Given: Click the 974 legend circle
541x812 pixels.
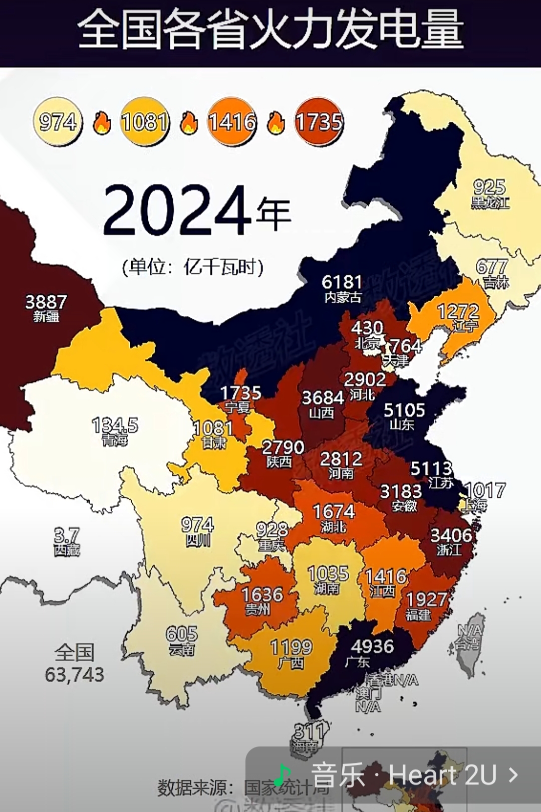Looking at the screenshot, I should click(x=58, y=122).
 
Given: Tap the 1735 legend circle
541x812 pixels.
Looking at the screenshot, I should click(x=319, y=122).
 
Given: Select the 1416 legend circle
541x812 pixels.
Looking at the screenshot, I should click(x=232, y=122).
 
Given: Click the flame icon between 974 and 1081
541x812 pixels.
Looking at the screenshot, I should click(x=102, y=123).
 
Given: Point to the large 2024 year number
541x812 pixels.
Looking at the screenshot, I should click(x=175, y=211).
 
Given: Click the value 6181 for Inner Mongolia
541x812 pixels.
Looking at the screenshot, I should click(x=342, y=282).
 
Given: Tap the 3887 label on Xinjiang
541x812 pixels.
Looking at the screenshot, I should click(x=46, y=302).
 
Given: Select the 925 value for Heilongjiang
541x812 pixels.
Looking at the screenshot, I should click(x=489, y=188).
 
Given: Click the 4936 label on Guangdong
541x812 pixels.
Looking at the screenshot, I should click(x=372, y=646).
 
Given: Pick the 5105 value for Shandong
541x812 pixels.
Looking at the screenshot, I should click(x=404, y=411).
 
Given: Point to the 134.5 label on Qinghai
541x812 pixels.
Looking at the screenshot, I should click(x=115, y=426).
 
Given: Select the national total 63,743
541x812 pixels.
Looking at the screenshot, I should click(x=75, y=675).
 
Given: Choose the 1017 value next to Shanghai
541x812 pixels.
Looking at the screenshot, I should click(x=485, y=490).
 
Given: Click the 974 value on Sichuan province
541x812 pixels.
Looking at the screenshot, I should click(x=197, y=525).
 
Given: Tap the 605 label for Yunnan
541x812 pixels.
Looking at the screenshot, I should click(x=182, y=634).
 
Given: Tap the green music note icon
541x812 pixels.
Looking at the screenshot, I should click(x=283, y=774).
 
